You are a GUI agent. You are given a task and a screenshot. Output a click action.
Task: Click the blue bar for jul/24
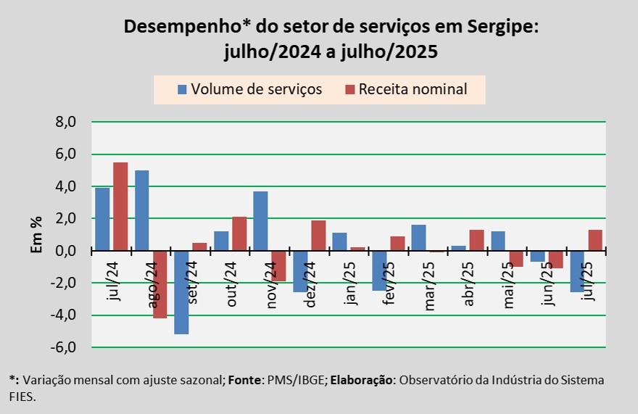[x=102, y=219]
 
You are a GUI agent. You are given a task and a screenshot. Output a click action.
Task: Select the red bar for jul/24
[x=120, y=207]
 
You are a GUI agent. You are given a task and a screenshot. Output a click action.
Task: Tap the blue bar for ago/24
[x=142, y=210]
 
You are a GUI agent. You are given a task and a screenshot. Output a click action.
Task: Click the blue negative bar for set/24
[x=181, y=292]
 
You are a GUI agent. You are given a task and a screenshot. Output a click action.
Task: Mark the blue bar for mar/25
[x=418, y=238]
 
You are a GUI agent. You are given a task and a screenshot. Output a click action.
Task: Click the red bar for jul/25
[x=595, y=240]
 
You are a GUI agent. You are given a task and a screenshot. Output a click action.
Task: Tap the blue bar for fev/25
[x=378, y=270]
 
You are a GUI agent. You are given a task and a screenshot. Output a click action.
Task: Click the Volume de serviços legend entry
[x=250, y=89]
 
